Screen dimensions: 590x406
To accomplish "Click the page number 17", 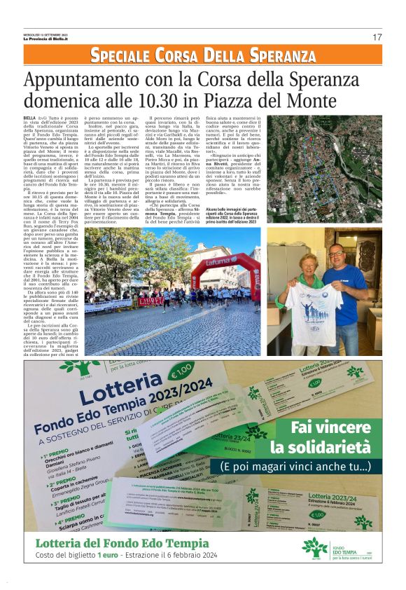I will click(377, 36).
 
